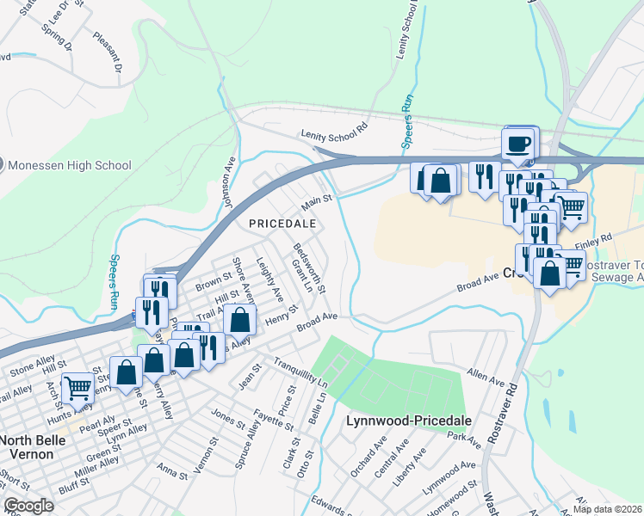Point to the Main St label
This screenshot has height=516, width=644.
point(315,205)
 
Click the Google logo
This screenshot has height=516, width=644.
point(28,506)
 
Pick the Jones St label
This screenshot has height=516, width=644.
point(228,415)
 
